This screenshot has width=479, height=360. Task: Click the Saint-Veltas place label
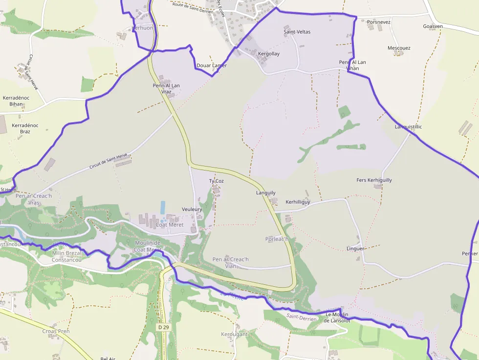click(x=297, y=32)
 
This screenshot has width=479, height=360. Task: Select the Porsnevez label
click(x=378, y=22)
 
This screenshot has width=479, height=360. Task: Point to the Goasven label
click(x=433, y=26)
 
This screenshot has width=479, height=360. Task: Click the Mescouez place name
click(x=399, y=48)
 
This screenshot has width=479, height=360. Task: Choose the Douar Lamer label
click(x=211, y=65)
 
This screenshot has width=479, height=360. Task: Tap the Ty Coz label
click(x=216, y=181)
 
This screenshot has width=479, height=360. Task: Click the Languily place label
click(x=266, y=193)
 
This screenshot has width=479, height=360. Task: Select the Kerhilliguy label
click(x=298, y=202)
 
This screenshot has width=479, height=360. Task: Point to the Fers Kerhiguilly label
click(x=374, y=180)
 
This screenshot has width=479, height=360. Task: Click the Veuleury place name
click(x=192, y=209)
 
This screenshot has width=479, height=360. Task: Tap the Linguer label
click(x=355, y=249)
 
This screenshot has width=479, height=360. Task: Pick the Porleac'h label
click(x=277, y=239)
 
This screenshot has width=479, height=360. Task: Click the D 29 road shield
click(x=163, y=327)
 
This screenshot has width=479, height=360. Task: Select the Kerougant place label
click(x=234, y=335)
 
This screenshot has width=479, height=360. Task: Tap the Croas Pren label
click(x=56, y=331)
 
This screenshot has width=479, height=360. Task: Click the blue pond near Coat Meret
click(x=163, y=207)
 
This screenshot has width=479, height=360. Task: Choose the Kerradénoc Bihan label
click(x=16, y=101)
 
